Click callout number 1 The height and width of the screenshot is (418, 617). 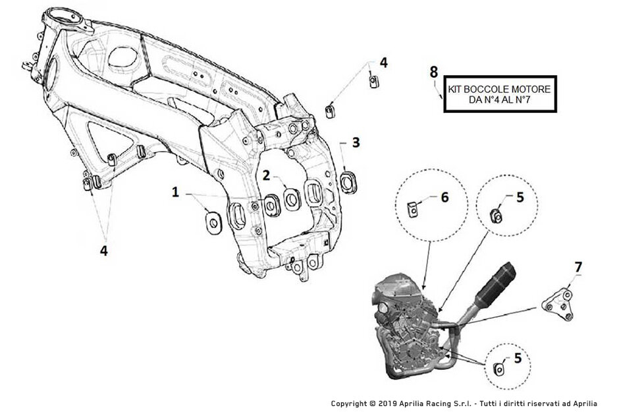pyautogui.click(x=175, y=193)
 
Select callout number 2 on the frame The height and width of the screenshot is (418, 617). pyautogui.click(x=267, y=175)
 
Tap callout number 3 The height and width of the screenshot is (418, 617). pyautogui.click(x=356, y=142)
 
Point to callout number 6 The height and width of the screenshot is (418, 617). pyautogui.click(x=444, y=197)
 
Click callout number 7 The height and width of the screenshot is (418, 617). pyautogui.click(x=578, y=267)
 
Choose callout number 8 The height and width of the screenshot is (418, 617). pyautogui.click(x=433, y=72)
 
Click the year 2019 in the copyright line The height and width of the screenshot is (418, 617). pyautogui.click(x=388, y=403)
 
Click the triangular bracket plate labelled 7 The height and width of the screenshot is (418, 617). pyautogui.click(x=558, y=306)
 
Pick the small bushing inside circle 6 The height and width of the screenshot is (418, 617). pyautogui.click(x=412, y=209)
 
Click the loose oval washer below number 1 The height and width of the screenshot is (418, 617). pyautogui.click(x=213, y=222)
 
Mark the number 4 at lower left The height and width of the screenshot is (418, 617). pyautogui.click(x=103, y=251)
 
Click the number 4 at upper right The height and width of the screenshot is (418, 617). pyautogui.click(x=383, y=63)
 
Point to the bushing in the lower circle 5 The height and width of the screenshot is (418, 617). pyautogui.click(x=498, y=369)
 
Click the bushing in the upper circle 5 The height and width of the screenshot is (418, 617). pyautogui.click(x=496, y=216)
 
